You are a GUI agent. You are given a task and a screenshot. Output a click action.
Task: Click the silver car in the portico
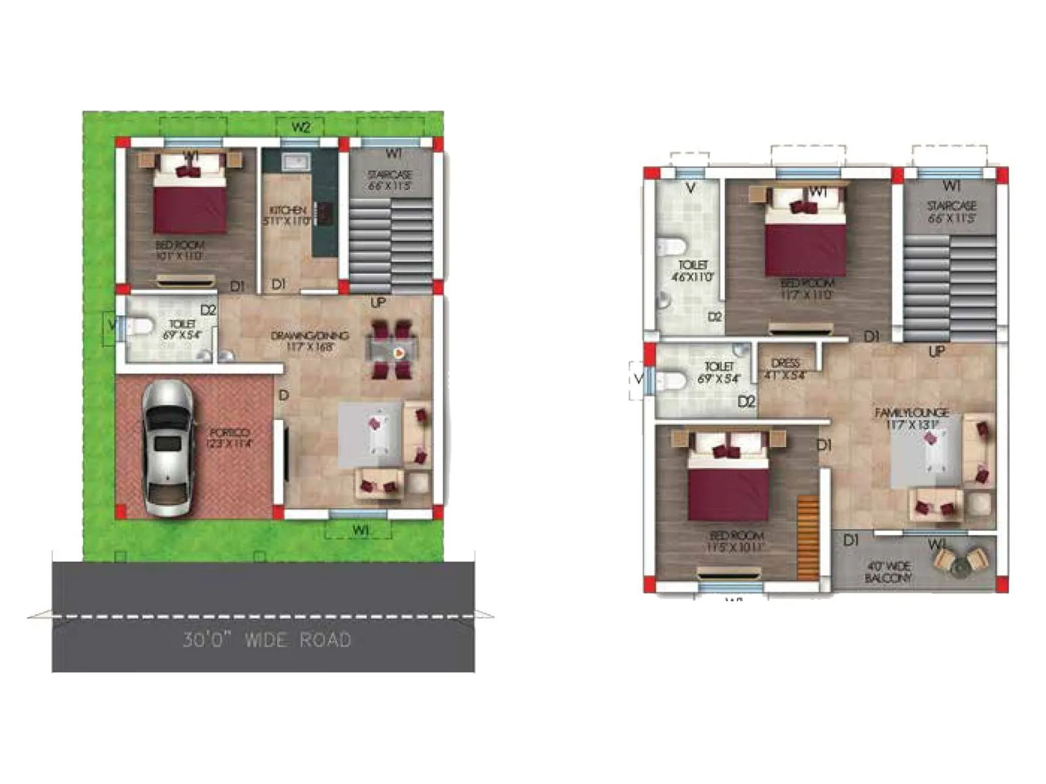tap(168, 449)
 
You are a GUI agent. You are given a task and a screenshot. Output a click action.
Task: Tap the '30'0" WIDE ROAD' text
tap(267, 640)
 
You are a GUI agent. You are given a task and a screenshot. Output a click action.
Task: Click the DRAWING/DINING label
tap(310, 340)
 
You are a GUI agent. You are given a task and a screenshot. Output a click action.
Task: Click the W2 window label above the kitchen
tap(300, 127)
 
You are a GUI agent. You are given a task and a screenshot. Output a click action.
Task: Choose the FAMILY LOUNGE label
tap(912, 418)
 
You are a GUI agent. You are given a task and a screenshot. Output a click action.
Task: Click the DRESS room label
tap(785, 368)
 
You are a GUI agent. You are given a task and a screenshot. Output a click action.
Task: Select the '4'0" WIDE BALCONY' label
tap(887, 572)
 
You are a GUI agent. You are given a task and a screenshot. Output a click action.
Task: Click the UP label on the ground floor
tap(378, 303)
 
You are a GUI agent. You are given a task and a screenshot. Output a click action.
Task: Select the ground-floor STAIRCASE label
tap(390, 180)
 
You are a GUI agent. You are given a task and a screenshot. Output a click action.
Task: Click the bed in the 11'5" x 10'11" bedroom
tap(728, 477)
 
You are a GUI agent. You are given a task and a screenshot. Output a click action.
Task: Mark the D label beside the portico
tap(283, 395)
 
